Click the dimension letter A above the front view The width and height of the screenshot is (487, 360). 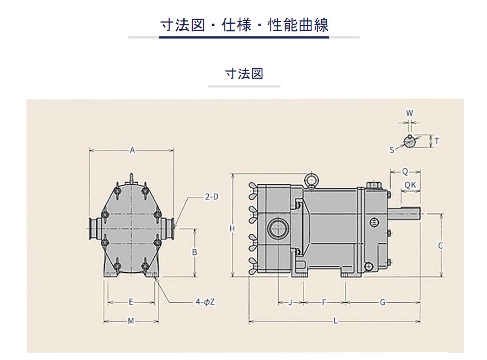132,150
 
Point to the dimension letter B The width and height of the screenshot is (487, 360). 194,252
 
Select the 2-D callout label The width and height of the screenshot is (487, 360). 212,197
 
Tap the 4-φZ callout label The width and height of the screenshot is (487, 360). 205,302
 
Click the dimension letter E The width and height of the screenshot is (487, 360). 131,302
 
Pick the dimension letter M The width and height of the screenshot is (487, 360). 131,321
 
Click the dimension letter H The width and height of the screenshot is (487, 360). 232,229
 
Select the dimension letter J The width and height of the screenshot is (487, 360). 290,302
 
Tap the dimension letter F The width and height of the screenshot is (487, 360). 324,302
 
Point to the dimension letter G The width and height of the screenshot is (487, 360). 383,302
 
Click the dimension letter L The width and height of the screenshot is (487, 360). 336,321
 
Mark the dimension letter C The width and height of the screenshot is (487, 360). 440,246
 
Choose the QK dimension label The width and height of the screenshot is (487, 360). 410,186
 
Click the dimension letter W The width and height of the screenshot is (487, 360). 410,113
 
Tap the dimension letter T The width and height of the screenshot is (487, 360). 437,141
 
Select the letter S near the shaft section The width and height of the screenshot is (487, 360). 392,150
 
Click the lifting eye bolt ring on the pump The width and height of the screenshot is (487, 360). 310,179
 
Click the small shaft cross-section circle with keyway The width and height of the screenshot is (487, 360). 410,141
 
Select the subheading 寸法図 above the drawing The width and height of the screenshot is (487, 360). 244,74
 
